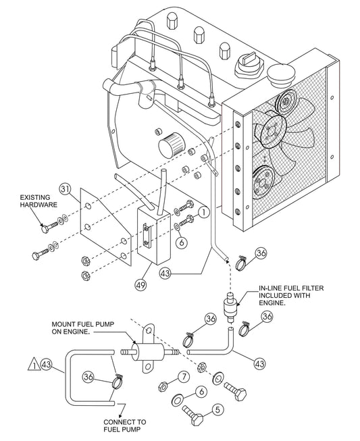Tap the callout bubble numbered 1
click(x=204, y=212)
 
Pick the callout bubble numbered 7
click(x=183, y=376)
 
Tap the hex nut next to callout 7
click(x=163, y=386)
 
